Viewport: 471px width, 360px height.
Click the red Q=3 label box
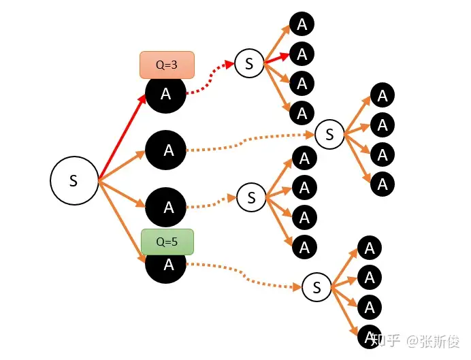[x=167, y=65]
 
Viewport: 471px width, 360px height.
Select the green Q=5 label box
[x=167, y=242]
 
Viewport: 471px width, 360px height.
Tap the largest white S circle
[x=74, y=180]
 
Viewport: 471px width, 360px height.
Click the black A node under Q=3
[x=166, y=95]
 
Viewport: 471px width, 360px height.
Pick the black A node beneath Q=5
[x=166, y=266]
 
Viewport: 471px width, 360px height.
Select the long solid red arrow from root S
[x=122, y=137]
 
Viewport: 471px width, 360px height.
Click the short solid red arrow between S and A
[x=276, y=59]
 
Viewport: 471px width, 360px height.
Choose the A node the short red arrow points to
[x=302, y=54]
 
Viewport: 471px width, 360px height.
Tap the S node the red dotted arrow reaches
[x=249, y=63]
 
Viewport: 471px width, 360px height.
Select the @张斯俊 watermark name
[x=433, y=342]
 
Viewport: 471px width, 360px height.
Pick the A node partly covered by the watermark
[x=369, y=337]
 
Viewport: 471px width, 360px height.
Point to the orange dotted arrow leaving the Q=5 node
[x=244, y=276]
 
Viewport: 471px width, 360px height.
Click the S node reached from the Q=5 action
[x=316, y=287]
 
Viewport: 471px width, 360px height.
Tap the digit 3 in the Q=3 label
[x=174, y=65]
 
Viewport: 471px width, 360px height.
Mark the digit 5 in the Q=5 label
[x=174, y=242]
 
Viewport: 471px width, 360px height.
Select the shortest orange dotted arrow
[x=212, y=203]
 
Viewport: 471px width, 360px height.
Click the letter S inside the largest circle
[x=74, y=181]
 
